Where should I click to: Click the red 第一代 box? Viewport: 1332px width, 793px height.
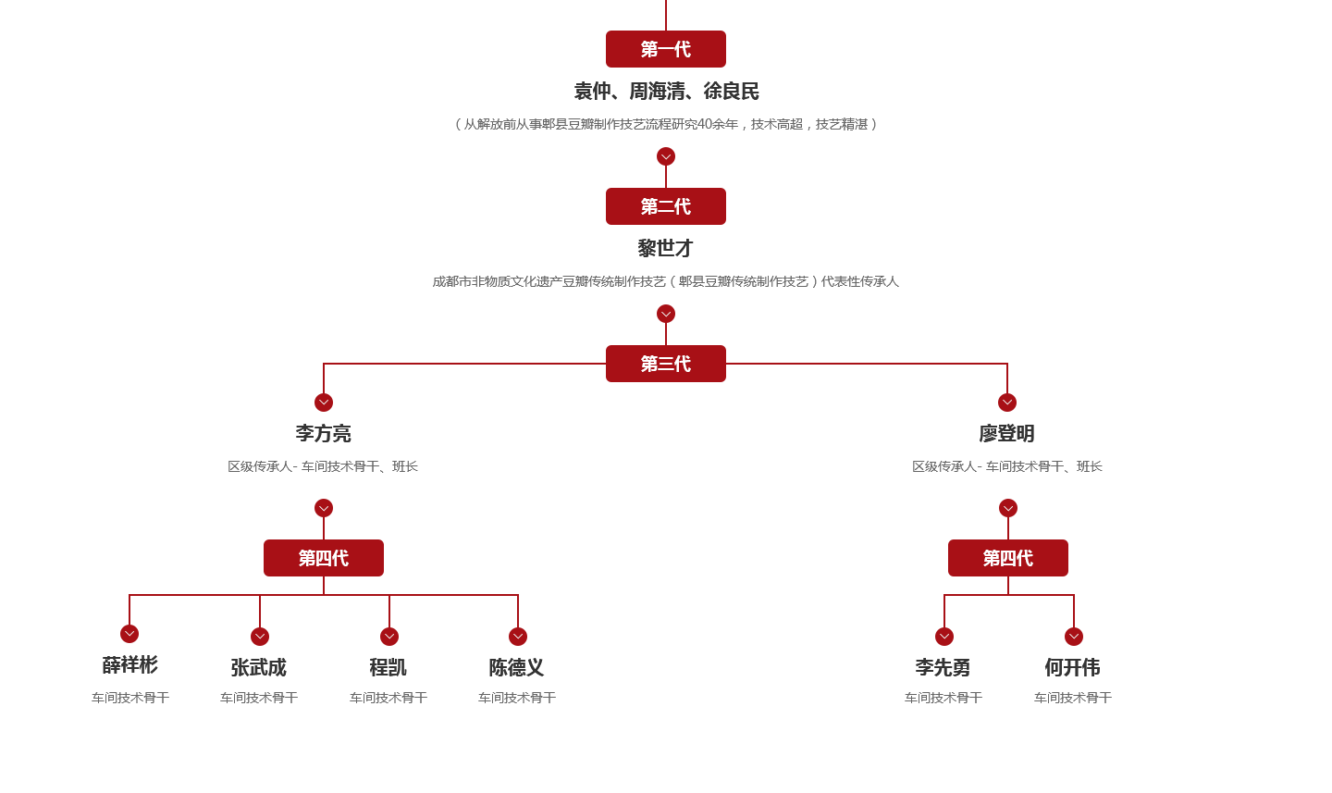click(666, 49)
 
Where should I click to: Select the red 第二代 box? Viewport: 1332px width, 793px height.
click(666, 206)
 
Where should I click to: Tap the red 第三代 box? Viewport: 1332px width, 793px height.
click(666, 364)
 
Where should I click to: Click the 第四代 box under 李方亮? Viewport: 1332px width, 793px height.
click(324, 558)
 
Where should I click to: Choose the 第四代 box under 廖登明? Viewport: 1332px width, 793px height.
click(1008, 558)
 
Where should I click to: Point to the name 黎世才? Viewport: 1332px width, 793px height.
click(666, 248)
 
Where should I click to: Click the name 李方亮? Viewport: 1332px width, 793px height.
click(324, 433)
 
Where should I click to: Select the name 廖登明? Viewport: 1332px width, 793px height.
click(1007, 433)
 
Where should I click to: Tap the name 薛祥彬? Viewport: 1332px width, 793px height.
click(130, 664)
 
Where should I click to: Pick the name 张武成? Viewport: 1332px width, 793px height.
click(259, 667)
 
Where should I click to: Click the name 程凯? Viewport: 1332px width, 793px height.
click(388, 667)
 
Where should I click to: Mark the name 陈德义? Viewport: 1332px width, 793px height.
click(517, 667)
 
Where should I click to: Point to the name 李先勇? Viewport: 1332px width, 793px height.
click(943, 667)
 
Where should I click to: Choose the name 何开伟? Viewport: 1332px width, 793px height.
click(1073, 667)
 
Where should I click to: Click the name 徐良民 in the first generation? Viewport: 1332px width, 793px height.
click(732, 91)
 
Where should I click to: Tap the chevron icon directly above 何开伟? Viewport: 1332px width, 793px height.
click(1074, 637)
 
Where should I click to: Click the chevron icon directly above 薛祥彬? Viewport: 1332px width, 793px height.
click(129, 634)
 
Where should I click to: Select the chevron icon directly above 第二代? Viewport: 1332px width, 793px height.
click(666, 156)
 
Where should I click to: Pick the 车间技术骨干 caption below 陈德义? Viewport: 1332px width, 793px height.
click(517, 698)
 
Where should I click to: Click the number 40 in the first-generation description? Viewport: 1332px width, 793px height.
click(705, 124)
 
